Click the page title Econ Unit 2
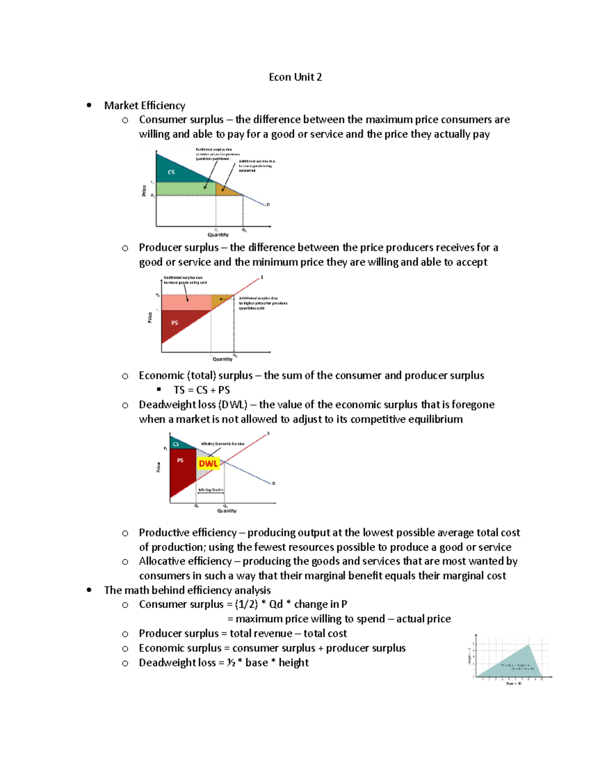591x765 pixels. click(x=295, y=77)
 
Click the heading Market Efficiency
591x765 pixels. click(x=144, y=105)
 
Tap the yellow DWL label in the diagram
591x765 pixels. click(x=208, y=464)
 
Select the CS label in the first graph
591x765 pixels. click(x=171, y=172)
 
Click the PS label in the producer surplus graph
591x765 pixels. click(x=174, y=323)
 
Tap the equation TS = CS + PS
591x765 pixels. click(x=201, y=390)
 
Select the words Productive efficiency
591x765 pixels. click(x=187, y=532)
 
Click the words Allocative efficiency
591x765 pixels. click(x=185, y=561)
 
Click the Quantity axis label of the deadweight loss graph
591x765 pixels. click(x=227, y=511)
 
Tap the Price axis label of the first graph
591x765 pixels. click(x=144, y=191)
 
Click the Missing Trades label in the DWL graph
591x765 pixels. click(x=211, y=490)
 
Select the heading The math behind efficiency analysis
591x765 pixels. click(x=187, y=590)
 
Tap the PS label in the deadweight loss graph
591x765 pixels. click(x=180, y=460)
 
